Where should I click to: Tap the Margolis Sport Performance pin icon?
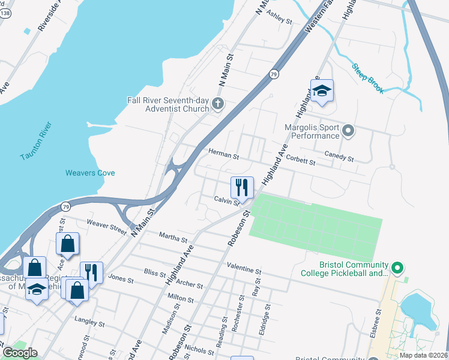click(x=348, y=130)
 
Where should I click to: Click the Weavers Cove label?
click(x=90, y=173)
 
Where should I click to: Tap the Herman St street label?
click(x=223, y=154)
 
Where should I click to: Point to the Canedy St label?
click(x=339, y=157)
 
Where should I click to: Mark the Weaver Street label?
click(x=107, y=227)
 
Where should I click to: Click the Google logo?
click(x=19, y=352)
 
